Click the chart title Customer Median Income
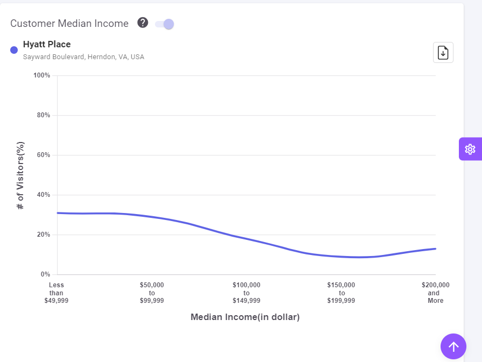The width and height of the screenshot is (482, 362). point(69,24)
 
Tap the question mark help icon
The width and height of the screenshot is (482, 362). point(143,23)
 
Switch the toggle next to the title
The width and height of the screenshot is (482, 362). point(165,24)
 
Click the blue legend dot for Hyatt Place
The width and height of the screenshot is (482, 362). point(14,50)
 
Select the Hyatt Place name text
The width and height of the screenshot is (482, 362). point(47,44)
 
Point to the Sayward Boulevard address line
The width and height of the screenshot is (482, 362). point(83,56)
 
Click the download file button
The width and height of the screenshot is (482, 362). point(443,52)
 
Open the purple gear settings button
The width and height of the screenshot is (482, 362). point(470,149)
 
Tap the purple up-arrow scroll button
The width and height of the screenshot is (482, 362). point(453,346)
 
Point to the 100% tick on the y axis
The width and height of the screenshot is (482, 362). point(41,75)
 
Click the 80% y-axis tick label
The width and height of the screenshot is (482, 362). point(43,115)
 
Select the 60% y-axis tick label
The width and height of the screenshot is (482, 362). point(43,155)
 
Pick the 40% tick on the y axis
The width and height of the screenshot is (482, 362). point(43,195)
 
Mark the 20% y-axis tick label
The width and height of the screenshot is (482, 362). point(43,235)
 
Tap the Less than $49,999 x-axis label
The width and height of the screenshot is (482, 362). point(56,293)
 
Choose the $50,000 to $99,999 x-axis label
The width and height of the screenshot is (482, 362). point(152,293)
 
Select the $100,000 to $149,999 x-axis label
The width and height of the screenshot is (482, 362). point(246,293)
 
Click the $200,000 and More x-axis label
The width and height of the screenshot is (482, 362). point(436,293)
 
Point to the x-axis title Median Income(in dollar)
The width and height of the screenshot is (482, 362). point(245,317)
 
